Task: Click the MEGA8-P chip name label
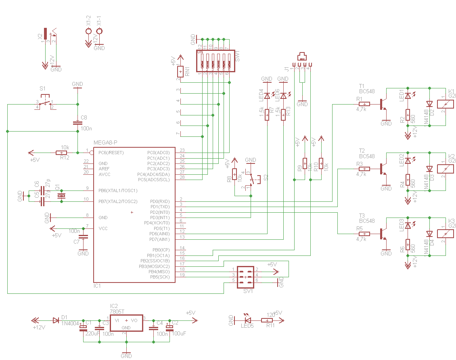[105, 142]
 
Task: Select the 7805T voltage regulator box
[126, 322]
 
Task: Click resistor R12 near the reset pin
[61, 153]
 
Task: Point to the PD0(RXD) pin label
[159, 201]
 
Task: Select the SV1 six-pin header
[245, 277]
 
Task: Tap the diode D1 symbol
[56, 320]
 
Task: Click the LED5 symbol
[247, 320]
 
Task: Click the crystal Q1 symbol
[61, 196]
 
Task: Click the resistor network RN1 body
[180, 71]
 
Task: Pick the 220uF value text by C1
[92, 334]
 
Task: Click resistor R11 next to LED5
[267, 320]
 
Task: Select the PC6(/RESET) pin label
[111, 153]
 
